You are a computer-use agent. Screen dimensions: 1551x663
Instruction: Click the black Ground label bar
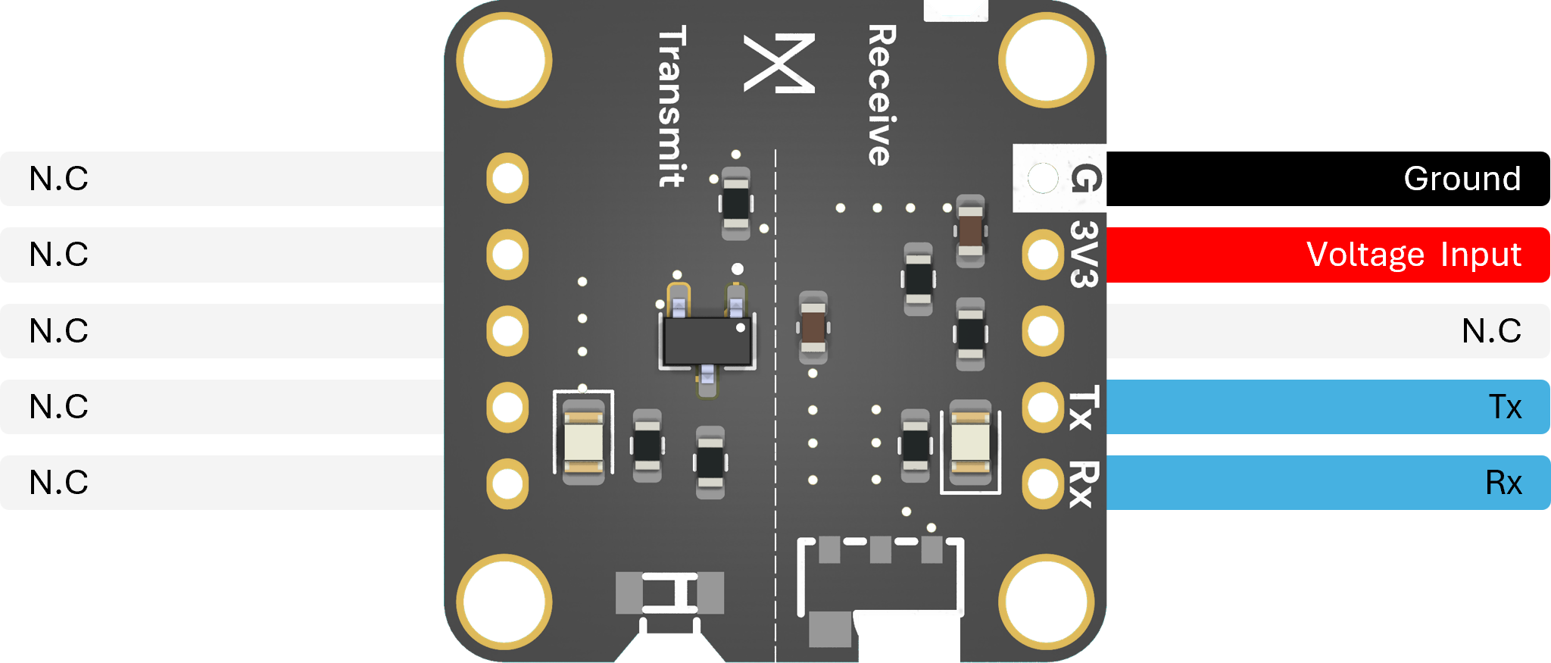[x=1328, y=179]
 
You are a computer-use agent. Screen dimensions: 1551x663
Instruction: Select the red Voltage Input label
[x=1328, y=255]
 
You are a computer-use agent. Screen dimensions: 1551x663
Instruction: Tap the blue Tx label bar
[x=1328, y=407]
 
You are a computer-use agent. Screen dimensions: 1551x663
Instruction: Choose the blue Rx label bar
[x=1328, y=483]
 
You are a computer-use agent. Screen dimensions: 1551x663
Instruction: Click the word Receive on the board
[x=882, y=95]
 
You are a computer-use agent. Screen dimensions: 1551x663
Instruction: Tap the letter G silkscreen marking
[x=1085, y=179]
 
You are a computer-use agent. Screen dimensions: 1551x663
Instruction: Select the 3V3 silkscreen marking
[x=1084, y=255]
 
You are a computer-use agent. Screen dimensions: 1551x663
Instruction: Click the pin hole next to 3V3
[x=1043, y=255]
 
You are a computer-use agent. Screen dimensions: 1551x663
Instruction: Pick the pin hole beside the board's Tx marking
[x=1043, y=407]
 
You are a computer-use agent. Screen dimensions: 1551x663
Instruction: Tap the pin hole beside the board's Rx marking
[x=1043, y=483]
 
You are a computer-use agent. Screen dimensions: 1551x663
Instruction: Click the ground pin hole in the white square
[x=1043, y=179]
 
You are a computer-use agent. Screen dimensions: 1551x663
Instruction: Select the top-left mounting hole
[x=504, y=60]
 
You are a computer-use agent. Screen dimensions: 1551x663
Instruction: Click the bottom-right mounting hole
[x=1047, y=602]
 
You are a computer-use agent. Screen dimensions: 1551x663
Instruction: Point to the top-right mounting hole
[x=1047, y=60]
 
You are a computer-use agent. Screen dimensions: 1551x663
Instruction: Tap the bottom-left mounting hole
[x=504, y=602]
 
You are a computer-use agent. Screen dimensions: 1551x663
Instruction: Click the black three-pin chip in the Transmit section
[x=707, y=340]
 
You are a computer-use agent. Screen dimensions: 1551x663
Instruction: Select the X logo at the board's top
[x=779, y=64]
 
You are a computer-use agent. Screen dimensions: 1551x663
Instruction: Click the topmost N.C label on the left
[x=59, y=179]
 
